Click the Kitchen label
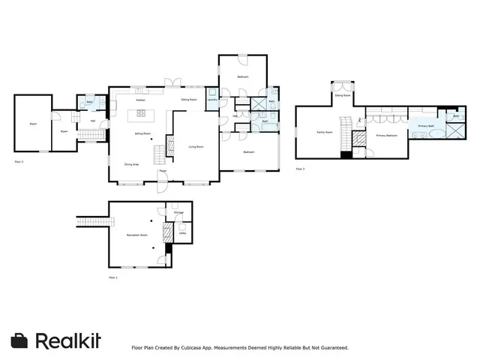tap(139, 100)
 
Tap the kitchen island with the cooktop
tap(139, 115)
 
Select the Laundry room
tap(212, 100)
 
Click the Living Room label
tap(196, 147)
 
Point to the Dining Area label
tap(130, 163)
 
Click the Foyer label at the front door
tap(163, 171)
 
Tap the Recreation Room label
tap(137, 235)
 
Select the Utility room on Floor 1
tap(182, 233)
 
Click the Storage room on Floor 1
tap(178, 213)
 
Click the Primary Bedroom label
tap(386, 136)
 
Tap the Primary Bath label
tap(426, 126)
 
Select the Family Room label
tap(323, 132)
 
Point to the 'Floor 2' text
tap(19, 161)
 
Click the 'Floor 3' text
tap(300, 169)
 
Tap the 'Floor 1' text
tap(113, 277)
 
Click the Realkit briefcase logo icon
tap(20, 340)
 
